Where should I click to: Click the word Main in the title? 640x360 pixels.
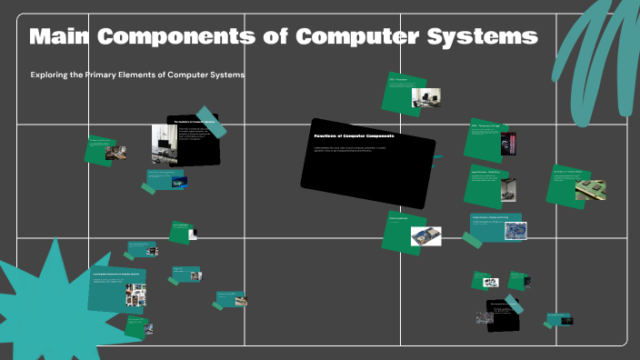click(x=59, y=37)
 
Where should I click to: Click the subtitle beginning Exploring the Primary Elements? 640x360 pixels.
click(x=137, y=75)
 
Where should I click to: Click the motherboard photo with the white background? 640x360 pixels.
click(x=425, y=236)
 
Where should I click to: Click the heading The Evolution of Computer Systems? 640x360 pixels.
click(x=193, y=120)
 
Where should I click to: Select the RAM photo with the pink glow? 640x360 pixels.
click(x=509, y=144)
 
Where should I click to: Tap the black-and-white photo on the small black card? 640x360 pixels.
click(x=484, y=316)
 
